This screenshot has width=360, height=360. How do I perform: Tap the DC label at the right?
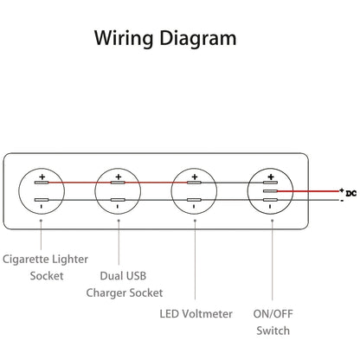(351, 192)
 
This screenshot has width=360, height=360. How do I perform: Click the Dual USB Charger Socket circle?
(117, 191)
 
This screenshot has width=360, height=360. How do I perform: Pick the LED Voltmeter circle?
(194, 191)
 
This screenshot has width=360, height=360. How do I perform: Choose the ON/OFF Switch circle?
(270, 191)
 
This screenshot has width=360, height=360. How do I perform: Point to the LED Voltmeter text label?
(196, 313)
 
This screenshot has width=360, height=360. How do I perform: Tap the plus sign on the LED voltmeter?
(194, 176)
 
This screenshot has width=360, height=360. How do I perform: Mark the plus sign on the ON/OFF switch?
(270, 176)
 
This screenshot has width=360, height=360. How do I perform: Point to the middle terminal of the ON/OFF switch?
(270, 191)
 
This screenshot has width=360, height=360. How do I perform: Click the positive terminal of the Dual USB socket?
(117, 183)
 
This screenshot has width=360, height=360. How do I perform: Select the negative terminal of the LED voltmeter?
(194, 200)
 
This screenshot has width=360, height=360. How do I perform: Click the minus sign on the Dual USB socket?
(117, 209)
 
